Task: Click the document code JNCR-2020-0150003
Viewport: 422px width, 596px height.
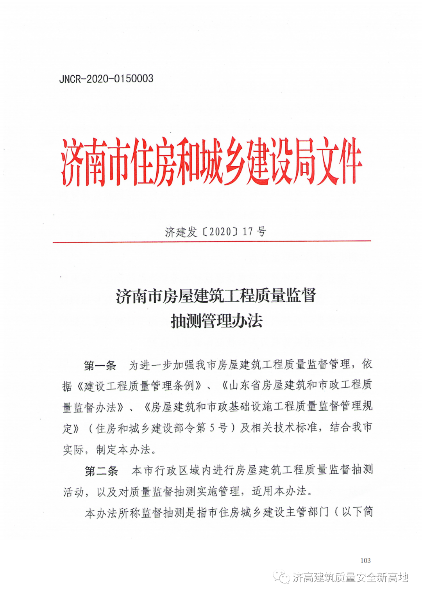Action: pos(106,79)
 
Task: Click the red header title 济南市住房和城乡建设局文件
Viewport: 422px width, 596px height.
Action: pos(211,162)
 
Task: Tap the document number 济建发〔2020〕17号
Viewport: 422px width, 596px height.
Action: pos(215,232)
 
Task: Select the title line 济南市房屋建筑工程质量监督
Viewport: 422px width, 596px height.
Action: pos(216,296)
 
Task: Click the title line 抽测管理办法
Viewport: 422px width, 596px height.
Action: pos(216,321)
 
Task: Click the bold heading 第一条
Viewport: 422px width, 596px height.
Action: pos(100,366)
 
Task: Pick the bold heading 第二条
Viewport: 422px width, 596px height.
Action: pos(101,471)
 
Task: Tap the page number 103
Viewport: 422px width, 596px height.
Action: pos(365,560)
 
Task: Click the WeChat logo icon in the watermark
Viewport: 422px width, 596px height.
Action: pos(281,577)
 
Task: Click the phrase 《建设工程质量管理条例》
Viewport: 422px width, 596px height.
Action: pos(139,386)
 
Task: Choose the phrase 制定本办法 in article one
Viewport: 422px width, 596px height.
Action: pos(123,450)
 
